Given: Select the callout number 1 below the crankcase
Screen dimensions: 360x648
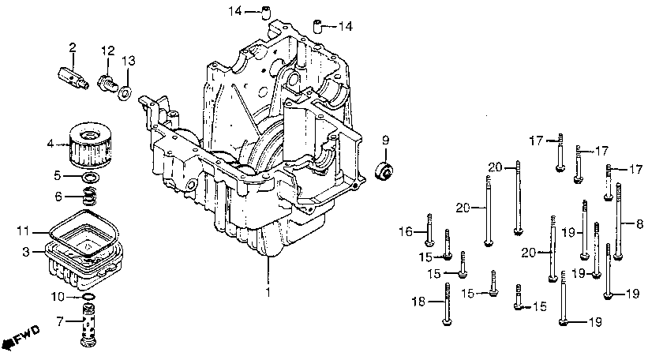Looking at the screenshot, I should pyautogui.click(x=267, y=292).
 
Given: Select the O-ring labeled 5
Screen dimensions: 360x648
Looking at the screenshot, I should pyautogui.click(x=90, y=177).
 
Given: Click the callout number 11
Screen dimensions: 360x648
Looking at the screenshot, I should pyautogui.click(x=23, y=231).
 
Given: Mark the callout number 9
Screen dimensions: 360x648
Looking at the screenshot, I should pyautogui.click(x=385, y=141).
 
